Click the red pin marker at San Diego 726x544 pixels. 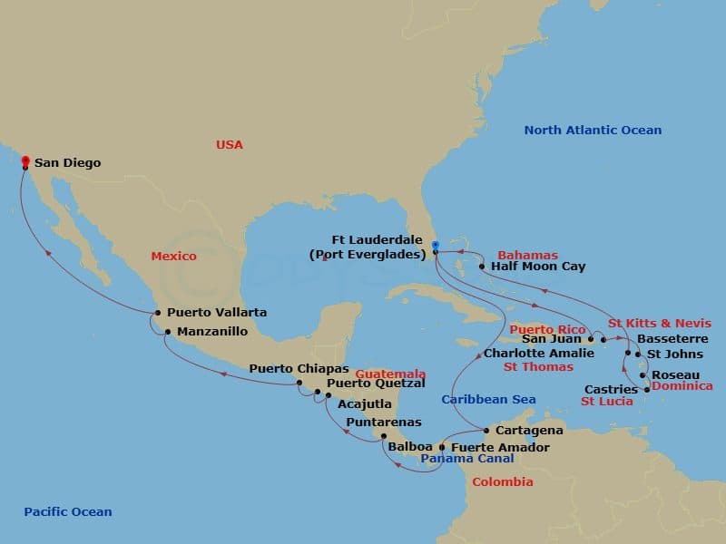click(x=25, y=161)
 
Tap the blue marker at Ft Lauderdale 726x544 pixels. click(x=436, y=245)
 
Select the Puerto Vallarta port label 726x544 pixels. click(x=217, y=313)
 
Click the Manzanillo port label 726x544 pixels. click(x=211, y=332)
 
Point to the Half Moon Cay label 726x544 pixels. click(x=537, y=267)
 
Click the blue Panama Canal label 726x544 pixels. click(x=466, y=459)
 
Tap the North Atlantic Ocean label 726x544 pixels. click(x=593, y=131)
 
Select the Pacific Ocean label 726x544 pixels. click(x=68, y=512)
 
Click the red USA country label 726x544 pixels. click(x=230, y=145)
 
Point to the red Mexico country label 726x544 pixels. click(x=173, y=257)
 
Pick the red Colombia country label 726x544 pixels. click(x=502, y=482)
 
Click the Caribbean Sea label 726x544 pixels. click(x=488, y=400)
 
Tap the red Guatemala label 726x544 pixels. click(x=390, y=374)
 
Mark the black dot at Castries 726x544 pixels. click(x=646, y=390)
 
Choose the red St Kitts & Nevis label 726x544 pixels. click(x=660, y=324)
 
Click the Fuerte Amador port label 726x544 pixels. click(x=500, y=447)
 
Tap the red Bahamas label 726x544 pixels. click(x=527, y=256)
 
